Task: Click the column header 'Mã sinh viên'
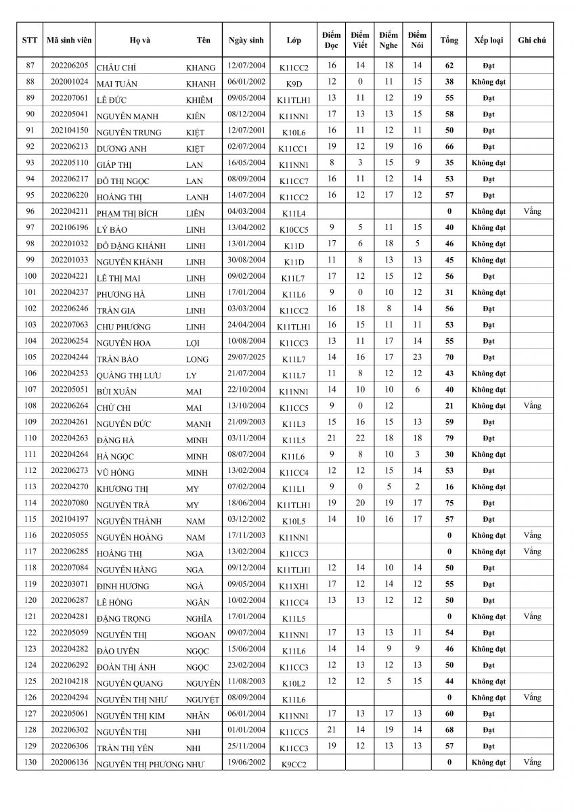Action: click(69, 40)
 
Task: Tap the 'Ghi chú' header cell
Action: click(531, 40)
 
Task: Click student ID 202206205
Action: click(69, 66)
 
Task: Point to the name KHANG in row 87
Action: click(200, 68)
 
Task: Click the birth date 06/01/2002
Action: click(246, 82)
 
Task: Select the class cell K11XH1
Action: click(293, 585)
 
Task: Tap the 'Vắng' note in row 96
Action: click(532, 211)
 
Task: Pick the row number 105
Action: click(30, 357)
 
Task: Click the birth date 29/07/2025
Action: click(246, 357)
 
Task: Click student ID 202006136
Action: click(69, 762)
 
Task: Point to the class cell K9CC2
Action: click(293, 763)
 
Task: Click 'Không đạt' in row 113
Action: click(488, 487)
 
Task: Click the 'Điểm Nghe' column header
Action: click(389, 40)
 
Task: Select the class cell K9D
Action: click(293, 83)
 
